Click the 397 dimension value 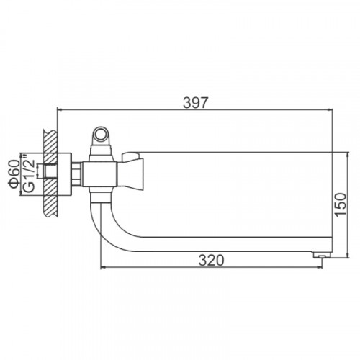pyautogui.click(x=194, y=103)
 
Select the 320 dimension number pyautogui.click(x=211, y=261)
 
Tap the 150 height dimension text pyautogui.click(x=341, y=204)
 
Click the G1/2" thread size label pyautogui.click(x=30, y=175)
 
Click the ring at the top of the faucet pyautogui.click(x=101, y=134)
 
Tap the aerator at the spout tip pyautogui.click(x=323, y=254)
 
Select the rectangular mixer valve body pyautogui.click(x=99, y=174)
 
